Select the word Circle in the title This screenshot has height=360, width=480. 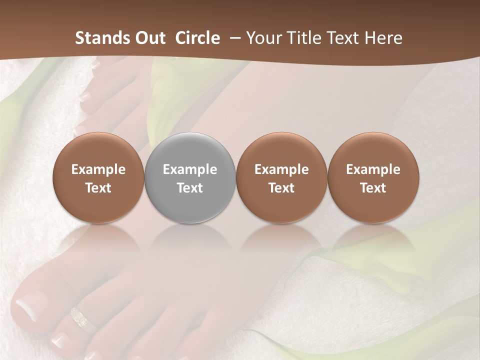coord(197,38)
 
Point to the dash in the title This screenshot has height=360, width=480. coord(233,38)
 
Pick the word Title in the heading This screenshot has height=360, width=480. coord(305,38)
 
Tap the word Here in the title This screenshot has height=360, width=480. coord(383,38)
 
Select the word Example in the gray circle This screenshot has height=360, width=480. coord(190,169)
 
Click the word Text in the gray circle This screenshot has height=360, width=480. coord(190,188)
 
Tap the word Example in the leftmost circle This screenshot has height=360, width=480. coord(98,169)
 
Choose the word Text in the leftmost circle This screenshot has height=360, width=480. coord(98,188)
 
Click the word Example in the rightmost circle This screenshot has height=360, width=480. coord(373,169)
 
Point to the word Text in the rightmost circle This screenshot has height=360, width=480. coord(373,188)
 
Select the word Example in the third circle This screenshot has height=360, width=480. coord(281,169)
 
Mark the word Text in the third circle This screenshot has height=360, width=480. coord(281,188)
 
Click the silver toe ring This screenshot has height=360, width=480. coord(83,320)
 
